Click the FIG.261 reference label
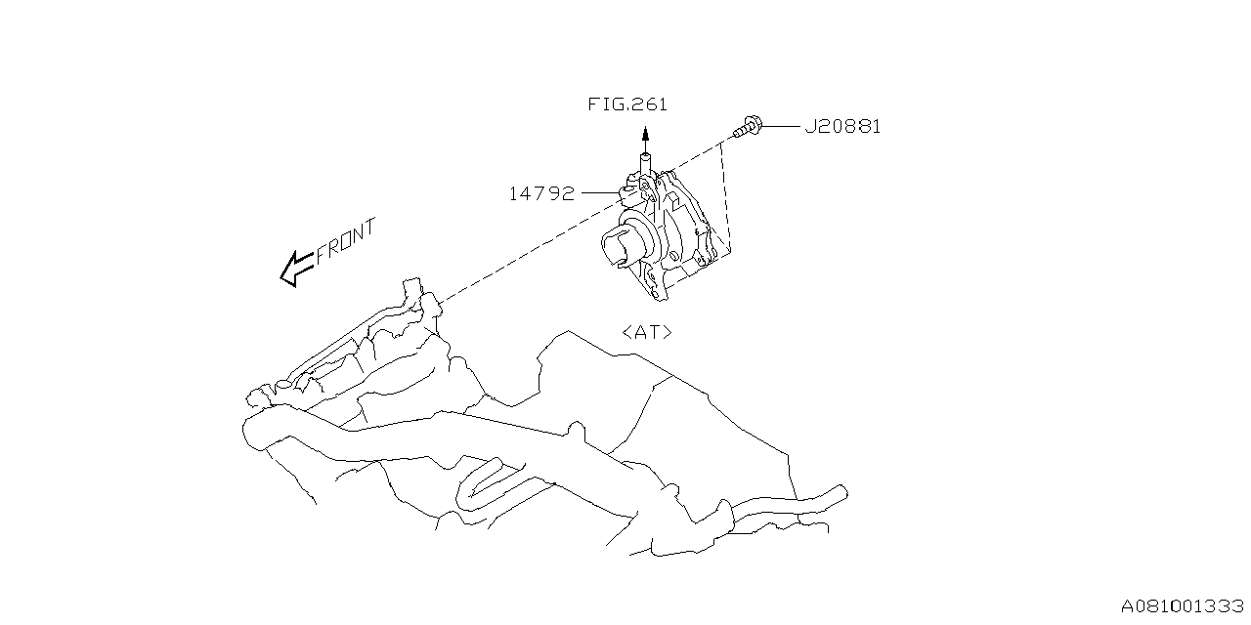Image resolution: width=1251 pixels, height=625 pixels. point(628,104)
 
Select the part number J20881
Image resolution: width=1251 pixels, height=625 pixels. point(842,127)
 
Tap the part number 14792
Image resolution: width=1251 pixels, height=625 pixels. point(541,193)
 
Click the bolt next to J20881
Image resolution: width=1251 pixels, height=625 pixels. point(748,127)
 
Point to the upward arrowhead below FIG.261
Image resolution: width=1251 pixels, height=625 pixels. point(644,135)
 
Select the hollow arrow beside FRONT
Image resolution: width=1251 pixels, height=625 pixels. point(294,270)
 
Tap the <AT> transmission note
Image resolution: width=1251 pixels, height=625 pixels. point(647,332)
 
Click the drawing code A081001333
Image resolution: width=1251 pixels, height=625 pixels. point(1183,606)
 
